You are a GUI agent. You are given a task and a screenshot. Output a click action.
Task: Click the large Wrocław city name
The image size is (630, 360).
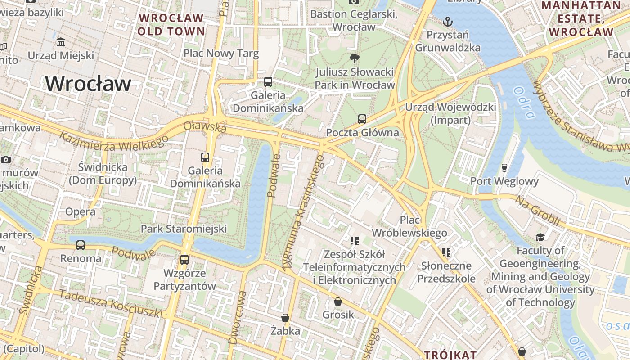(x=88, y=84)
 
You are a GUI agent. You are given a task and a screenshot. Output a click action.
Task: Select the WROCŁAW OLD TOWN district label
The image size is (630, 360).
(x=171, y=25)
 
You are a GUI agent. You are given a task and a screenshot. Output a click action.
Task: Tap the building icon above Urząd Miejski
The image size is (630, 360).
(x=60, y=42)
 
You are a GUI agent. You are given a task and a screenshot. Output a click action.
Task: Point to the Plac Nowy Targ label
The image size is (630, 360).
(x=221, y=54)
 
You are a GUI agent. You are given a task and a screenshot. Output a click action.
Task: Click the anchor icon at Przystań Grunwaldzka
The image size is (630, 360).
(x=447, y=21)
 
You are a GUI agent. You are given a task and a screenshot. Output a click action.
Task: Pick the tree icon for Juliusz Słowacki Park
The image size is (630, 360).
(x=355, y=58)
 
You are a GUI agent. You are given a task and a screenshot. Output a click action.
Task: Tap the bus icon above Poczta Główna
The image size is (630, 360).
(x=362, y=119)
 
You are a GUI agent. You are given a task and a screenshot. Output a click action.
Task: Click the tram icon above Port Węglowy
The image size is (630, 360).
(x=504, y=168)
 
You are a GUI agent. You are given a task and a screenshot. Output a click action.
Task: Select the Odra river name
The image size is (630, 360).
(x=524, y=103)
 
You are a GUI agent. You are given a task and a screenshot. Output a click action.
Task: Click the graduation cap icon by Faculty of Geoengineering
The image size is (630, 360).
(x=540, y=237)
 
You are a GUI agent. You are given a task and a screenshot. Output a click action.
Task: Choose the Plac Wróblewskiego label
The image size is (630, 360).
(x=409, y=226)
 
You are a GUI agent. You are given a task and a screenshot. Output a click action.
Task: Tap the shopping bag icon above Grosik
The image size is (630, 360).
(x=338, y=301)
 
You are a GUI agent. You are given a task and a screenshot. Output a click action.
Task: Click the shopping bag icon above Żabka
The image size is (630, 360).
(x=285, y=318)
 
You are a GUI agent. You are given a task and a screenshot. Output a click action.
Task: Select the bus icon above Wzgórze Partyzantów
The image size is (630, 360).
(x=184, y=260)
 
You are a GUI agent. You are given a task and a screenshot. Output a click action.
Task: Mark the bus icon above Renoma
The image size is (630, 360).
(x=81, y=245)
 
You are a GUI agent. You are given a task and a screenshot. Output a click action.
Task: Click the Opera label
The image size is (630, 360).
(x=80, y=211)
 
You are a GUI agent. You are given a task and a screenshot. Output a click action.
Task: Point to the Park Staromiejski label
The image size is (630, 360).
(x=184, y=229)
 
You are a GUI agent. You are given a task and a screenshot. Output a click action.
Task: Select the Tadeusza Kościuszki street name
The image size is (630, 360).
(x=110, y=304)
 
